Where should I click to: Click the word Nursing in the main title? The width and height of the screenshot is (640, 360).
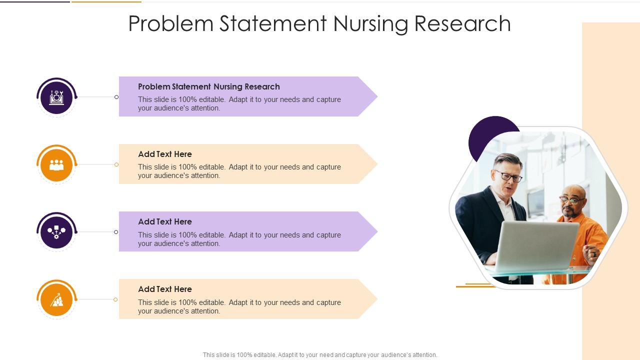(371, 24)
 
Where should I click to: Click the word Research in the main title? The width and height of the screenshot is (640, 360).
(462, 23)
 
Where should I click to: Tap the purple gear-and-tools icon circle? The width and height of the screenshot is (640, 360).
(56, 97)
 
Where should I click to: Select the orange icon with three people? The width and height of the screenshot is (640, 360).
(56, 165)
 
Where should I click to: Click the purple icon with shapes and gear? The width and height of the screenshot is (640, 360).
(56, 232)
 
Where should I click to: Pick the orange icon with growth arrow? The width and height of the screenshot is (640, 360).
(56, 299)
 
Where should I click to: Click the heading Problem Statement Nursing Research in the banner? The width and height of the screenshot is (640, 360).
(209, 87)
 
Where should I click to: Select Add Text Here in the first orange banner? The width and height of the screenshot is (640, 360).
(165, 154)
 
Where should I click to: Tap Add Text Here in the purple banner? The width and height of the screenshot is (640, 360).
(165, 221)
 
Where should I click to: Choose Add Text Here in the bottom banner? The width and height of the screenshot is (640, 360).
(165, 289)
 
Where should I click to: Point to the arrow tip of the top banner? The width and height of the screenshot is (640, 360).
(377, 96)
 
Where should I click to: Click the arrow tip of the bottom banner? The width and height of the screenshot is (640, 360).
(377, 299)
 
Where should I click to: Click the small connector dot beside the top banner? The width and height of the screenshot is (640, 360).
(116, 97)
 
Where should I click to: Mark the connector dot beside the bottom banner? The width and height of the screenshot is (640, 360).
(115, 299)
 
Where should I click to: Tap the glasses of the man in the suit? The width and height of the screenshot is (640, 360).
(509, 176)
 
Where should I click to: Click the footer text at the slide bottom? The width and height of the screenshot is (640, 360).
(320, 355)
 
